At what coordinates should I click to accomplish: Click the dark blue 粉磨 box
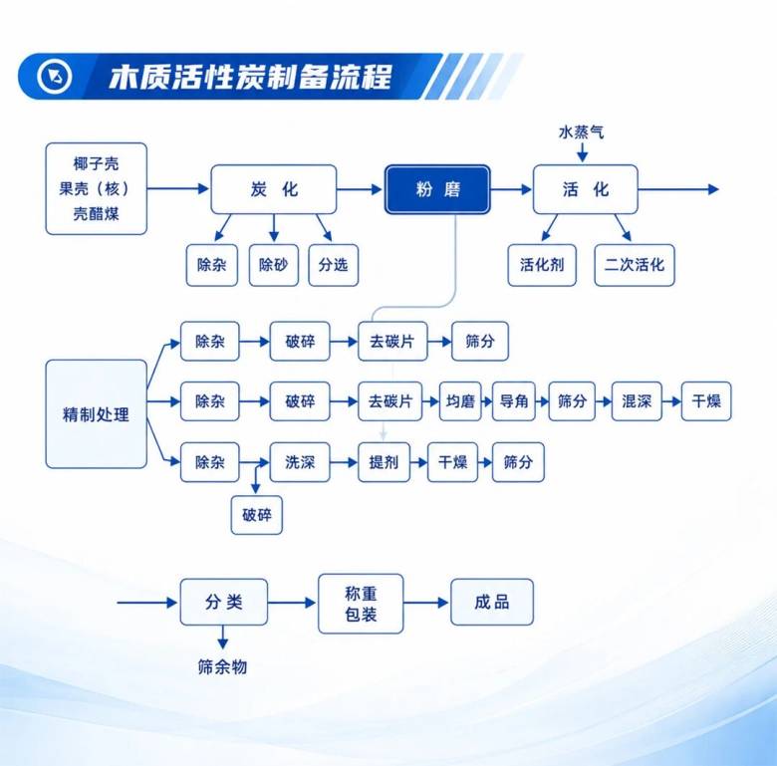coord(437,189)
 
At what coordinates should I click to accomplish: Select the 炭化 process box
coord(274,189)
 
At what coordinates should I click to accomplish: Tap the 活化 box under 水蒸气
coord(585,189)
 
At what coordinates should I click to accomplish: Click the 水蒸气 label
coord(582,132)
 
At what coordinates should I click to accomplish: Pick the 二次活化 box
coord(635,265)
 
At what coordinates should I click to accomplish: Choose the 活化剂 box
coord(542,265)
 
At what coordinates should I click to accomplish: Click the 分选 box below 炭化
coord(333,265)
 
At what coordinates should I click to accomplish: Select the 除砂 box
coord(274,265)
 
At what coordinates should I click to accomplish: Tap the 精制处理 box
coord(97,414)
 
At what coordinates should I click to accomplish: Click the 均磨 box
coord(460,401)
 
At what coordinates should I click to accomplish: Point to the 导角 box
coord(514,401)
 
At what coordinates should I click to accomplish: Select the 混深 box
coord(637,401)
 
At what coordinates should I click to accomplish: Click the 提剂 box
coord(384,462)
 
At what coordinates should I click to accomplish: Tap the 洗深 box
coord(300,462)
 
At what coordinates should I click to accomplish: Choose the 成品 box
coord(492,602)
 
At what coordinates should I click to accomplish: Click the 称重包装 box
coord(361,604)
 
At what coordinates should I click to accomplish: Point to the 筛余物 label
coord(222,667)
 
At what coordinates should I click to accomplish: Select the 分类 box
coord(224,602)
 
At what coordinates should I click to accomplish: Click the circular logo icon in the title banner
coord(54,77)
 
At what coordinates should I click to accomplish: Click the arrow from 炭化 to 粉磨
coord(360,189)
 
